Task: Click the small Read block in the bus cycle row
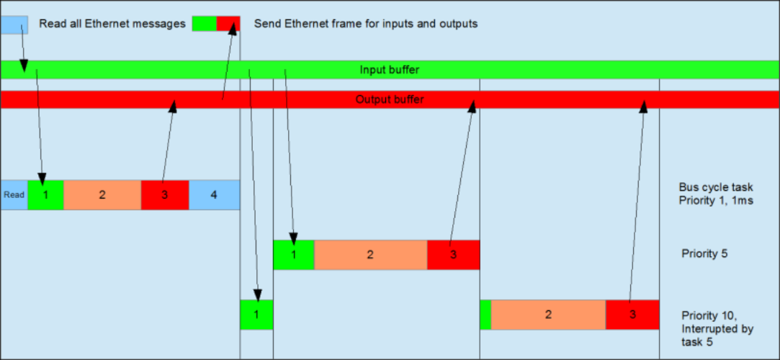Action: point(14,195)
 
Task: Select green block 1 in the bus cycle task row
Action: point(45,195)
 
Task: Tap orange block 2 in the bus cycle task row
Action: point(102,195)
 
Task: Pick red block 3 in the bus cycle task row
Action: point(165,195)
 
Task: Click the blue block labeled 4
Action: point(214,195)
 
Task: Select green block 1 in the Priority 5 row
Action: point(294,255)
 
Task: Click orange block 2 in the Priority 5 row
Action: point(370,255)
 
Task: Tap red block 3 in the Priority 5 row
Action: point(453,255)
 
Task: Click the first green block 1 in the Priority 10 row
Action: point(256,315)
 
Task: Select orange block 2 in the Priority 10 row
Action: point(548,315)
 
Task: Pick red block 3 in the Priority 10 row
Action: point(632,315)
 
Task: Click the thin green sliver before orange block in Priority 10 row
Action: point(485,315)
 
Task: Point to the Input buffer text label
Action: point(390,70)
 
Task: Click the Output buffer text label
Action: point(390,99)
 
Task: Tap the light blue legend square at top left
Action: point(14,24)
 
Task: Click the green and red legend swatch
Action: point(216,24)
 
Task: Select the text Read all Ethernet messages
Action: point(112,24)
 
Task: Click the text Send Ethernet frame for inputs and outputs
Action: point(366,24)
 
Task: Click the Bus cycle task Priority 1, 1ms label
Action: point(715,194)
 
